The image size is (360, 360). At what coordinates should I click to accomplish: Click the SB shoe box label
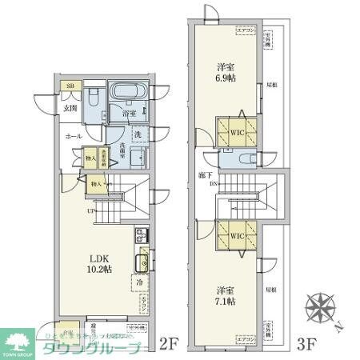click(x=70, y=86)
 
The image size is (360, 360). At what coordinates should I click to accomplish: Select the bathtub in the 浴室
click(x=126, y=93)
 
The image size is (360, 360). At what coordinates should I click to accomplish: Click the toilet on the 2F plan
click(x=94, y=102)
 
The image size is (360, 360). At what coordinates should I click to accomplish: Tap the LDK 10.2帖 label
click(x=99, y=262)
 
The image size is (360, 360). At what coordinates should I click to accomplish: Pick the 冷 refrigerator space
click(x=138, y=282)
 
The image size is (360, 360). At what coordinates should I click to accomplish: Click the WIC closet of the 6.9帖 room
click(x=234, y=134)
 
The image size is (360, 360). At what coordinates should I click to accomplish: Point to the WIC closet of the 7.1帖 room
click(x=234, y=236)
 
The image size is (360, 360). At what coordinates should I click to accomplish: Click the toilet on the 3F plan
click(x=244, y=160)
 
